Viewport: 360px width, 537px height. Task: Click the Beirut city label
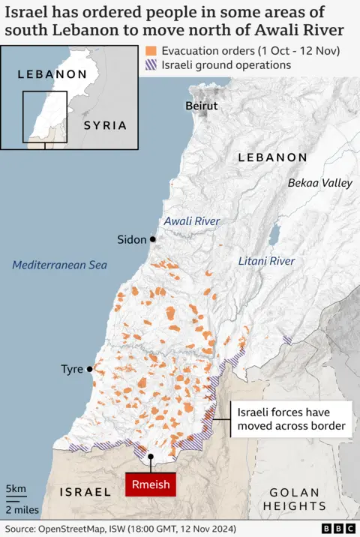pos(201,106)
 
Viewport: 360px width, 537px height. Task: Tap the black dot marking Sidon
pos(152,239)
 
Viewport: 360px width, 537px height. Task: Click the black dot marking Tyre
pos(90,369)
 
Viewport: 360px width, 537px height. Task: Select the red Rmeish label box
pos(151,484)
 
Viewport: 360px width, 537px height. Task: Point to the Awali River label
pos(191,221)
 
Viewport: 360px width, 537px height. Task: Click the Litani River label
pos(266,261)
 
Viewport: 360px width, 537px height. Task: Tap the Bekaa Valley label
pos(319,183)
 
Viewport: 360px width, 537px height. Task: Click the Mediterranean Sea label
pos(60,265)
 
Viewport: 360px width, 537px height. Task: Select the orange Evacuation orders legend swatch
pos(151,51)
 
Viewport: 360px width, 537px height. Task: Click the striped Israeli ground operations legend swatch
pos(151,65)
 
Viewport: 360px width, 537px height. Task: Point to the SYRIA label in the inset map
pos(105,125)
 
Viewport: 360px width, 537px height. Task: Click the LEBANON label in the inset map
pos(52,74)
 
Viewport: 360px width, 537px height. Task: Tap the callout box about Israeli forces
pos(291,419)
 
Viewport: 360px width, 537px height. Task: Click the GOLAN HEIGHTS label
pos(299,499)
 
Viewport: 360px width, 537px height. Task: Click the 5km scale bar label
pos(16,489)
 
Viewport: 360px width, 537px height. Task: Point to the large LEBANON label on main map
pos(272,157)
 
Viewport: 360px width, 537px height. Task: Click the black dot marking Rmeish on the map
pos(151,455)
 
